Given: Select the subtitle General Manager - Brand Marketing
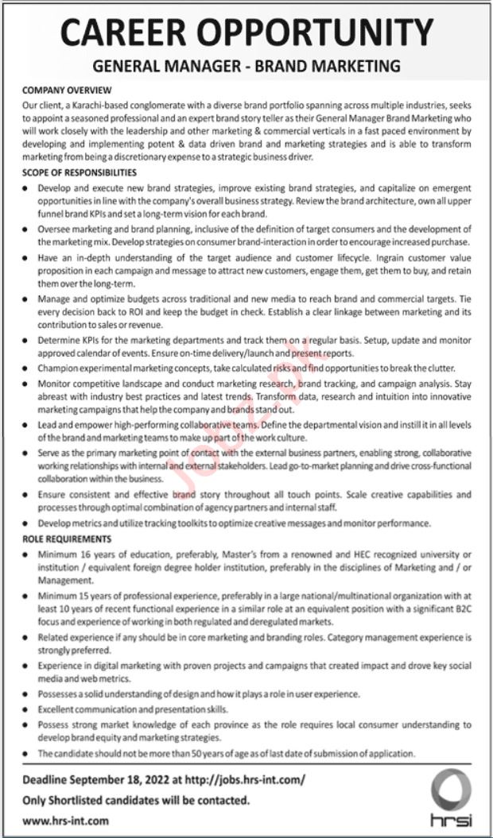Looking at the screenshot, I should (x=246, y=67).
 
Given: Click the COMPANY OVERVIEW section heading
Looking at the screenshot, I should (x=67, y=90).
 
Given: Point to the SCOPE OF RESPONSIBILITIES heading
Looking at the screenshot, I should (x=80, y=172).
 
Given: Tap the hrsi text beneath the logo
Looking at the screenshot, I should (x=452, y=819).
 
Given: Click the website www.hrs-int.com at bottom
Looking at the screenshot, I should (x=66, y=820).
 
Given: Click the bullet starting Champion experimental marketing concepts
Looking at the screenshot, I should (x=246, y=369).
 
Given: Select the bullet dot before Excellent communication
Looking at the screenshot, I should (x=27, y=709).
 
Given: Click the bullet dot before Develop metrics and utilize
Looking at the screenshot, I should (x=27, y=523).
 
